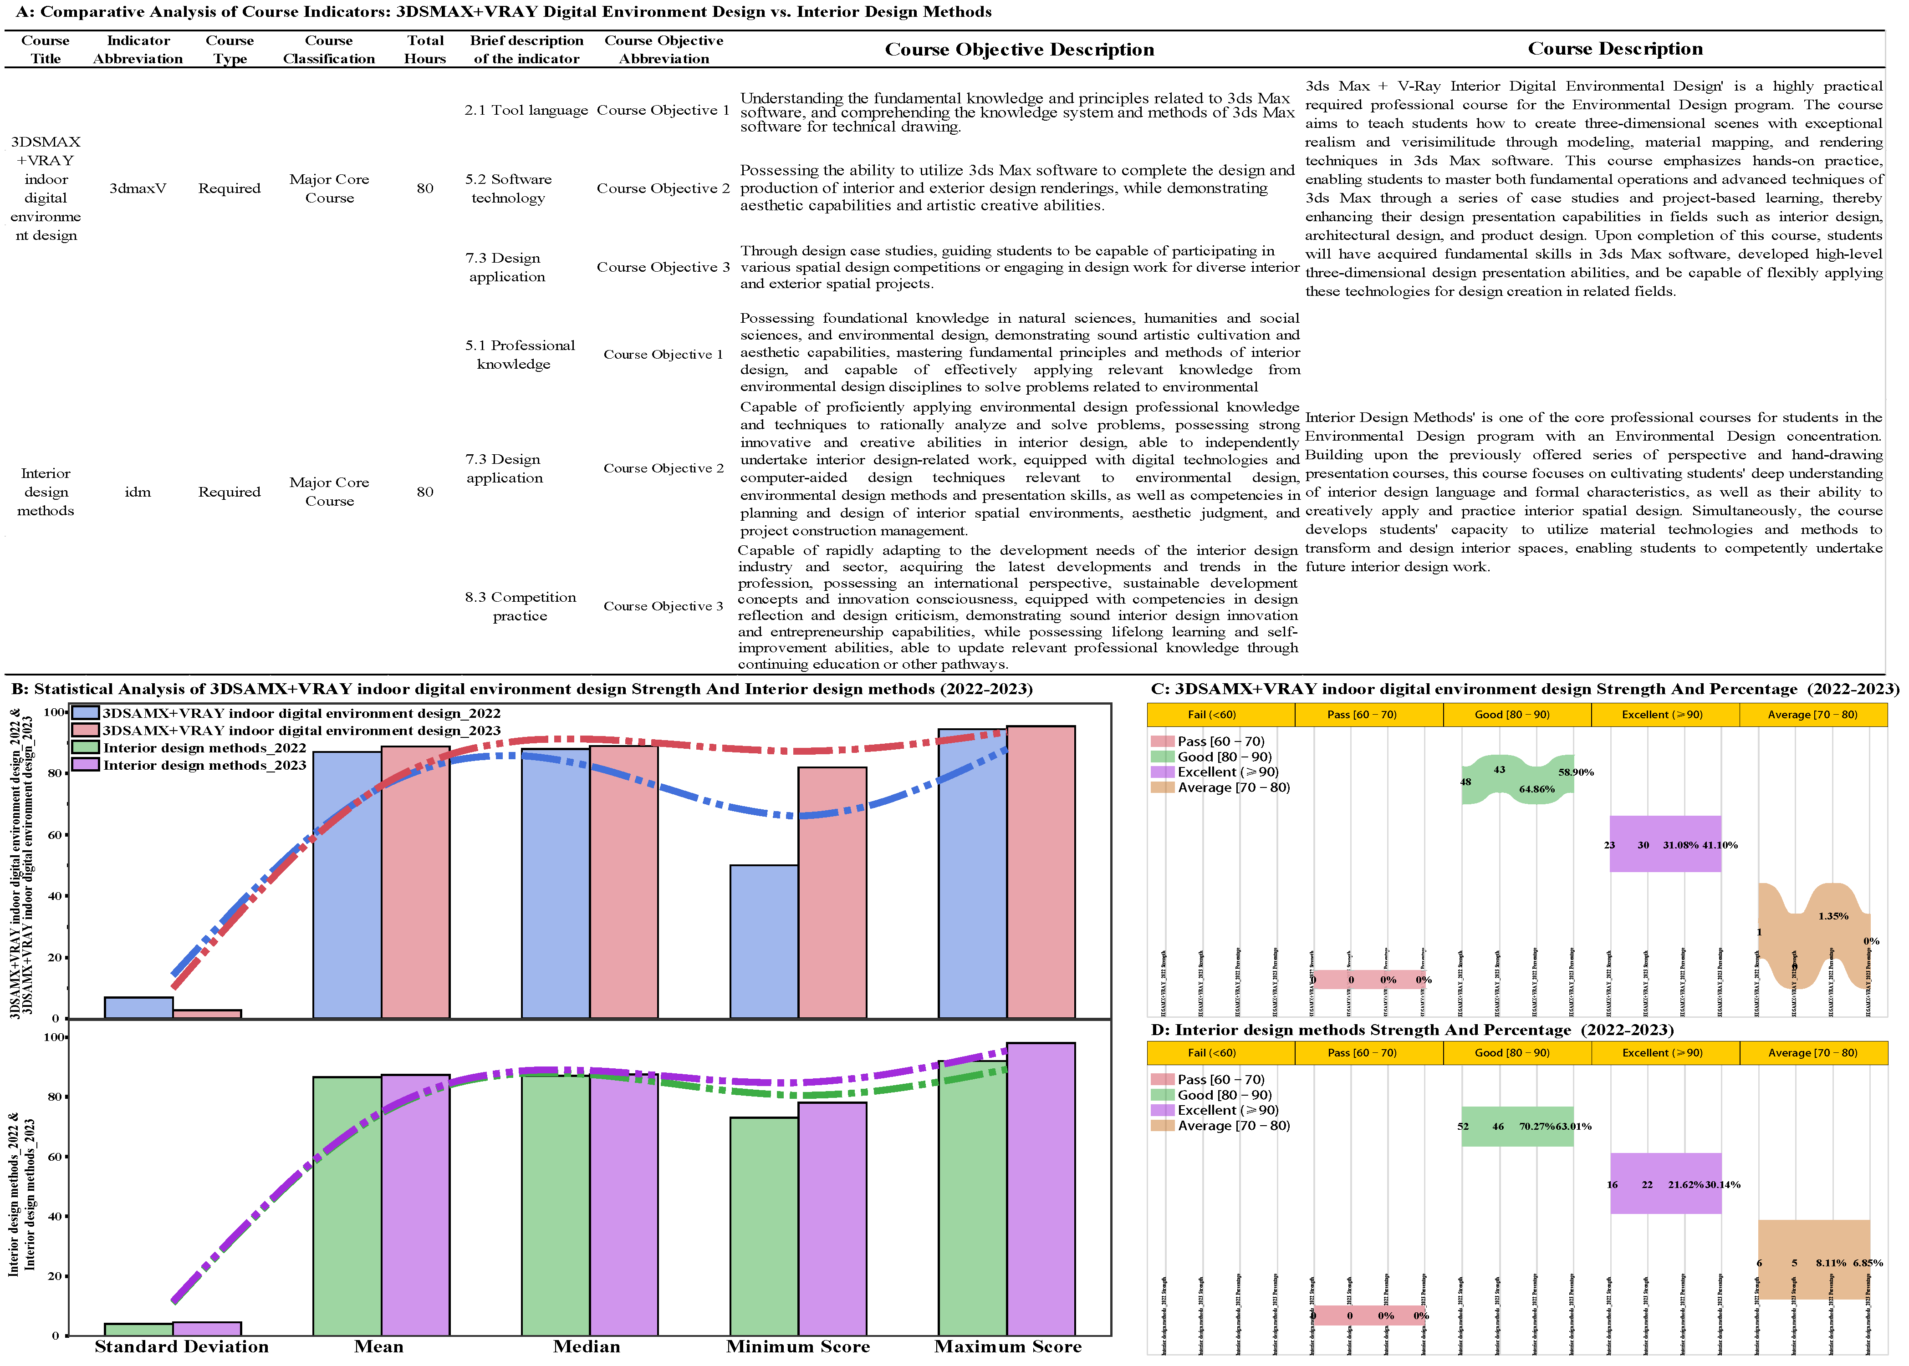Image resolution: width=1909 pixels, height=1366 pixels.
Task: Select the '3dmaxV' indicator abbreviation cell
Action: (138, 188)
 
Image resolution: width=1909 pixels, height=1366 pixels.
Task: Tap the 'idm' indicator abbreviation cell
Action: (138, 492)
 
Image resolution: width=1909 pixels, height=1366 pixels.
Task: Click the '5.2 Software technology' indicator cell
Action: (508, 188)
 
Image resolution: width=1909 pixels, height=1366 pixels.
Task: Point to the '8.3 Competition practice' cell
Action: (520, 606)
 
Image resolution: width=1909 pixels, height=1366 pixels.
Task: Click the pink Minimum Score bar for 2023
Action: (832, 892)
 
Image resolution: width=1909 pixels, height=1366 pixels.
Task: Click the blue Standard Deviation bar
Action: (139, 1008)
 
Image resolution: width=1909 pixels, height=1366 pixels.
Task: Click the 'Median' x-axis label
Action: (587, 1346)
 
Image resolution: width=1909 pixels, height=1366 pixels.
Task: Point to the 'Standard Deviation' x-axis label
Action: (182, 1346)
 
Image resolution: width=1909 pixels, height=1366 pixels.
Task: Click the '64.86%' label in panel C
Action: (1536, 789)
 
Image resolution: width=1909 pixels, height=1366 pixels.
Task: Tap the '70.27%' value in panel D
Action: (1536, 1126)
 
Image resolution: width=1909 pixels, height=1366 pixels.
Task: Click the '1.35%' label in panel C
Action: (1832, 916)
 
